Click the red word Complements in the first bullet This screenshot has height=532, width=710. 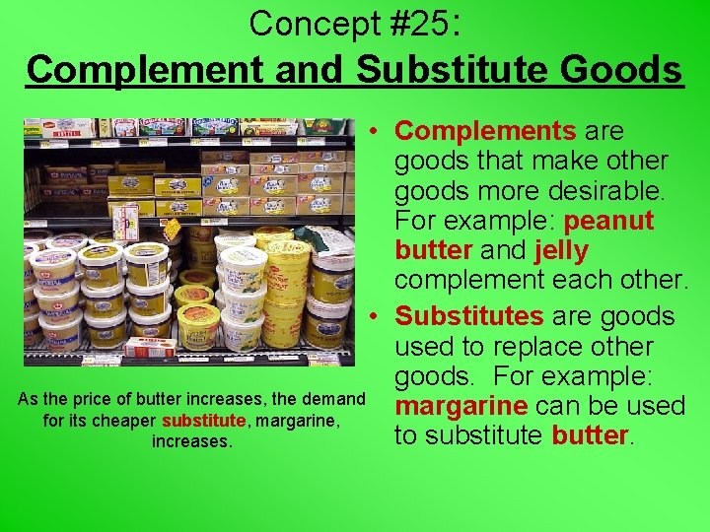pos(485,131)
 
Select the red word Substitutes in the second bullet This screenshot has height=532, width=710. pos(468,316)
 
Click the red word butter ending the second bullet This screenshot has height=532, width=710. pos(589,434)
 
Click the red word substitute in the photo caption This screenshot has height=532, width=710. pos(202,421)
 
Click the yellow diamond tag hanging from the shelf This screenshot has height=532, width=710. pos(172,230)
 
